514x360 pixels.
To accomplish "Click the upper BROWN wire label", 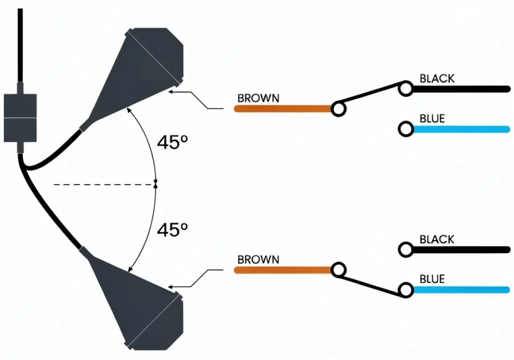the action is point(258,98).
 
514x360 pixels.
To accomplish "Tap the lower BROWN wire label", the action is point(258,260).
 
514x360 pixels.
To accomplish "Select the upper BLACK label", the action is point(437,78).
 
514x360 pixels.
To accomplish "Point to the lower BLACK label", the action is point(437,239).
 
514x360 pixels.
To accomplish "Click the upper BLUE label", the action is point(432,119).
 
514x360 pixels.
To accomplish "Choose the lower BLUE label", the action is point(432,279).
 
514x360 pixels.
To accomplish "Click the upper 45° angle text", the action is point(172,142).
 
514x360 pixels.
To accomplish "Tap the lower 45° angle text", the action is point(172,229).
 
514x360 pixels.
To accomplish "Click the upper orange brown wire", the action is point(283,109).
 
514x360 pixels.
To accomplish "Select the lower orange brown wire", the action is point(283,270).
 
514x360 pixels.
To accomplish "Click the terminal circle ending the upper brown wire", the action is point(339,109).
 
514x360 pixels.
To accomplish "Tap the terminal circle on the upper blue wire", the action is point(406,129).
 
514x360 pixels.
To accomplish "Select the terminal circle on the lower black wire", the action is point(406,249).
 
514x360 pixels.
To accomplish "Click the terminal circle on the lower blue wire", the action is point(406,290).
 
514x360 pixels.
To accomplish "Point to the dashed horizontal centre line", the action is point(105,185).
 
